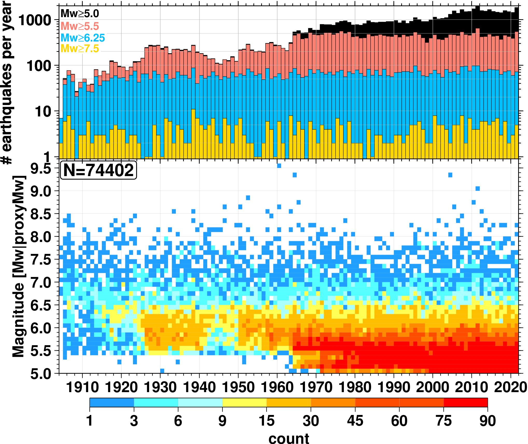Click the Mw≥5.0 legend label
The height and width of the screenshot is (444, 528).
[80, 14]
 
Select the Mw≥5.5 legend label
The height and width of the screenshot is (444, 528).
[80, 26]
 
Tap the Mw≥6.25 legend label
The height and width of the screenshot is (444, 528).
[82, 38]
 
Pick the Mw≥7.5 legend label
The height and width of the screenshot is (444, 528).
[80, 49]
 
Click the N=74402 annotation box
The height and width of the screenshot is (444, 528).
[99, 170]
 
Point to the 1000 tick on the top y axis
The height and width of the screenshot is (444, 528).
[35, 20]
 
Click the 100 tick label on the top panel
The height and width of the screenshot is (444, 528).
[39, 66]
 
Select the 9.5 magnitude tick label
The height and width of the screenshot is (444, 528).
[41, 169]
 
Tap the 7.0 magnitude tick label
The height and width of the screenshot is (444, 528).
[41, 283]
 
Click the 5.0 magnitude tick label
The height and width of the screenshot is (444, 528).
[41, 374]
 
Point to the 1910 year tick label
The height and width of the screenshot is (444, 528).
[82, 387]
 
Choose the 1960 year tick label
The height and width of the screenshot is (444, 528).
[277, 387]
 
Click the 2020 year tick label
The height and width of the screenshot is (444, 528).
[510, 387]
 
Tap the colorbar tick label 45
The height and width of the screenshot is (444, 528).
[355, 421]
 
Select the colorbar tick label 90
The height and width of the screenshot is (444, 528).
[488, 421]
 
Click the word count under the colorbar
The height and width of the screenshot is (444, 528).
[289, 438]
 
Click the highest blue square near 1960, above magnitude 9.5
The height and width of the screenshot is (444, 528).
[279, 166]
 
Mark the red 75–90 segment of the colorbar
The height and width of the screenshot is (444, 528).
[466, 402]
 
